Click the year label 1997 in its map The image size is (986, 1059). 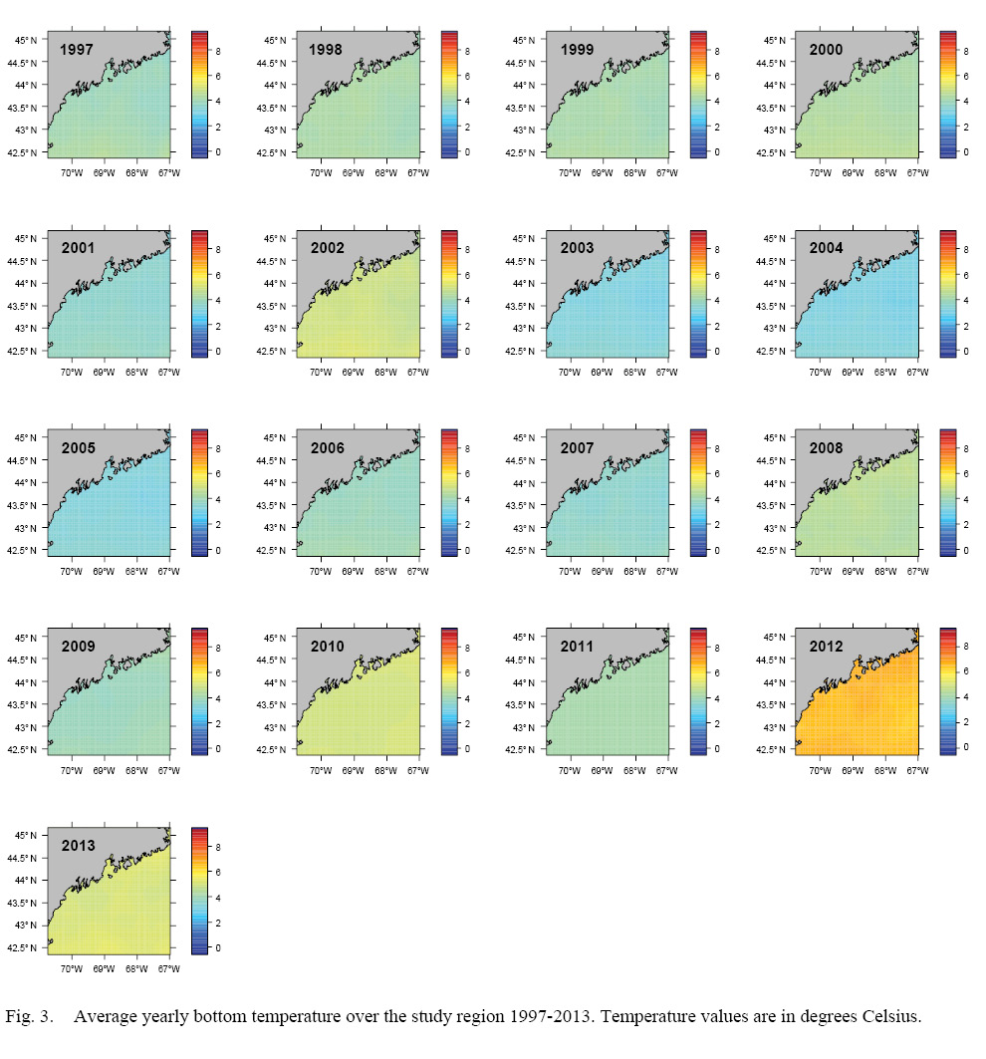[x=78, y=49]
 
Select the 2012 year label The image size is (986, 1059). [x=826, y=647]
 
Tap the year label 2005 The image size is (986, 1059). [x=78, y=447]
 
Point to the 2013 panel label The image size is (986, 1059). [x=78, y=846]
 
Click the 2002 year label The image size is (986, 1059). [x=327, y=248]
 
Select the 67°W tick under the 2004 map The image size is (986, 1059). [x=916, y=372]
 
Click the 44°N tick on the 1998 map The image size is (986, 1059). [x=275, y=85]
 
